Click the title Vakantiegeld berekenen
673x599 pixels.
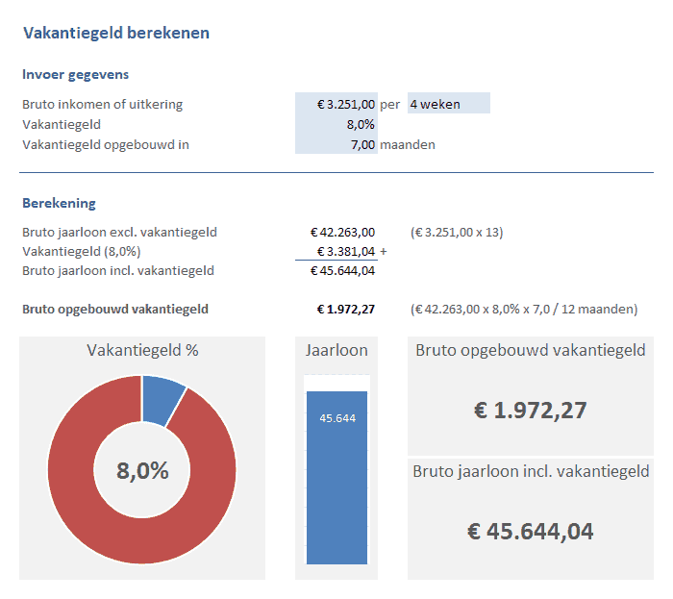click(x=116, y=34)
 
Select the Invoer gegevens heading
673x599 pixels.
click(x=75, y=74)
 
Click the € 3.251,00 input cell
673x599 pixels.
click(x=346, y=104)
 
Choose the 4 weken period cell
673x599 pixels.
click(x=448, y=104)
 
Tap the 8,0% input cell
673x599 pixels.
click(x=361, y=124)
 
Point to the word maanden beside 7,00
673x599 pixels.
click(x=408, y=144)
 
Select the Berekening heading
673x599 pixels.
click(x=59, y=203)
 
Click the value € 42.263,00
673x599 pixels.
click(x=342, y=232)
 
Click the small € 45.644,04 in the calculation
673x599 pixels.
click(x=342, y=270)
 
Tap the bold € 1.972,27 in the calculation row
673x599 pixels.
click(x=346, y=310)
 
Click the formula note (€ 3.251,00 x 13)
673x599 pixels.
click(x=457, y=232)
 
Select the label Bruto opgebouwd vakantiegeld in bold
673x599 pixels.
click(x=115, y=310)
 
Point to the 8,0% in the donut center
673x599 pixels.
click(x=142, y=471)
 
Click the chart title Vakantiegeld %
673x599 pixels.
click(x=142, y=350)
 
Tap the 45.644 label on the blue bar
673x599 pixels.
click(x=336, y=417)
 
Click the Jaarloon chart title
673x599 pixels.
click(x=336, y=350)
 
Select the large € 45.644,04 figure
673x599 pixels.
click(x=530, y=531)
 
